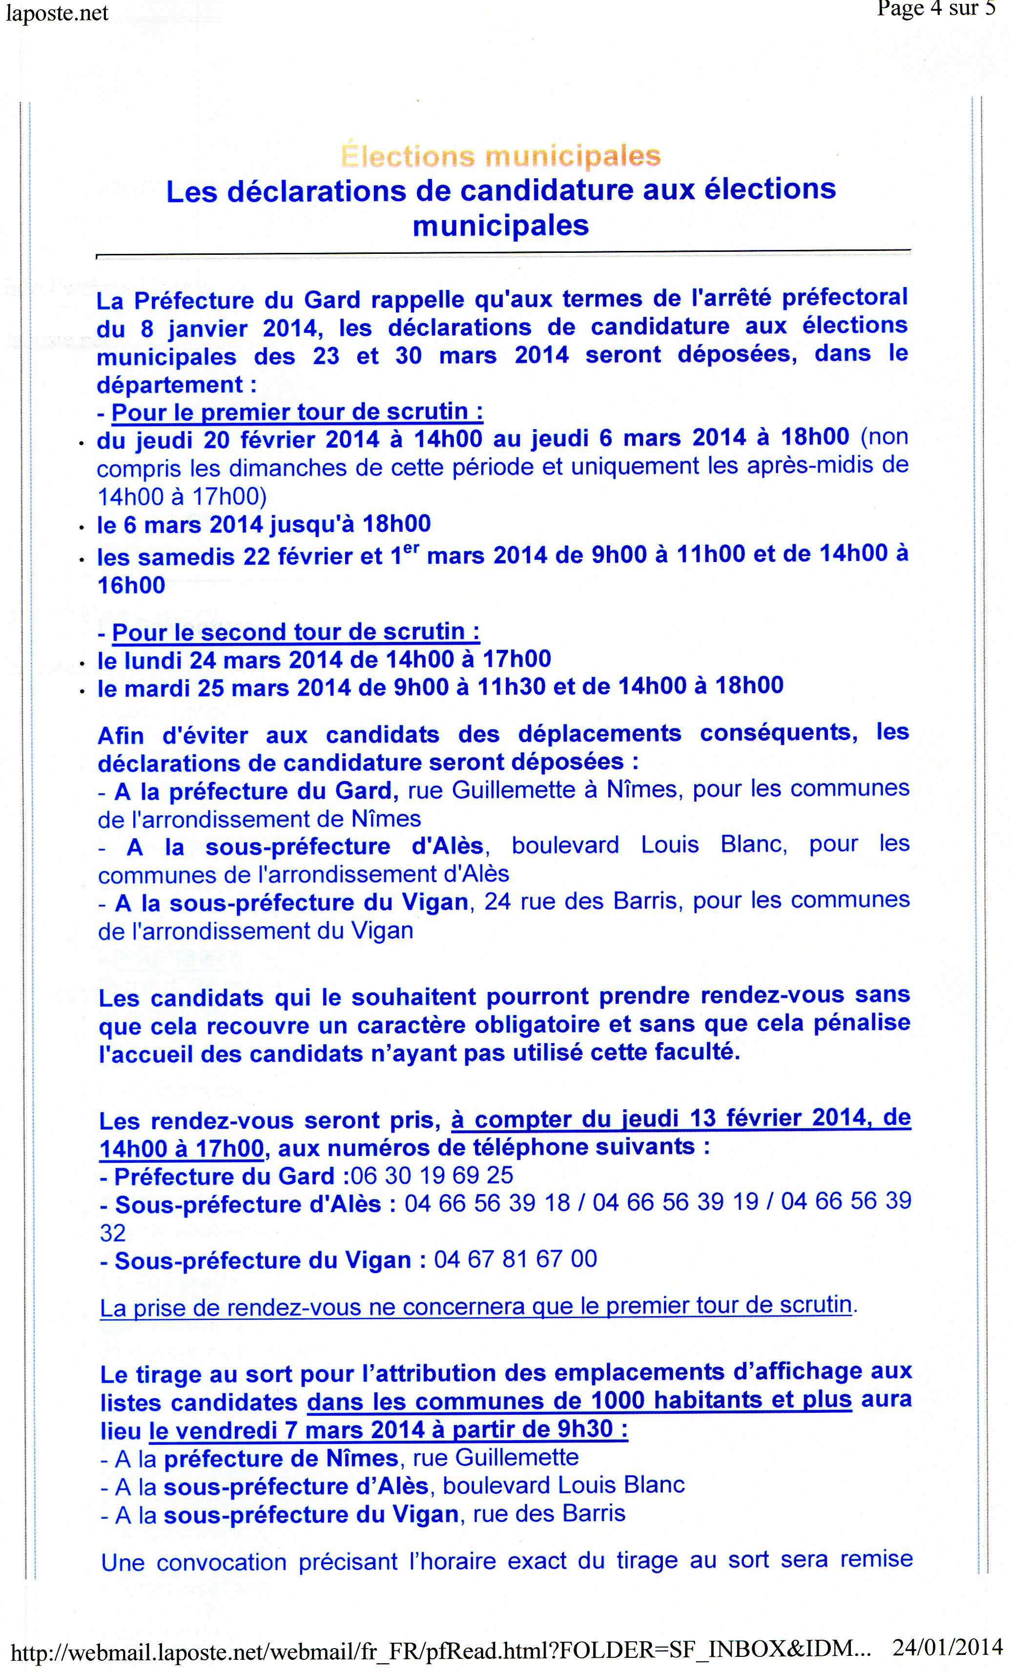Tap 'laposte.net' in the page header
57,14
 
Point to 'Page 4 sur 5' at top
935,9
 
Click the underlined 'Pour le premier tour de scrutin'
297,412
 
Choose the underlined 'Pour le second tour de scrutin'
296,632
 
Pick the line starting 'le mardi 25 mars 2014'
440,687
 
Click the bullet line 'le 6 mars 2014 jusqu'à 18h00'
263,524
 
